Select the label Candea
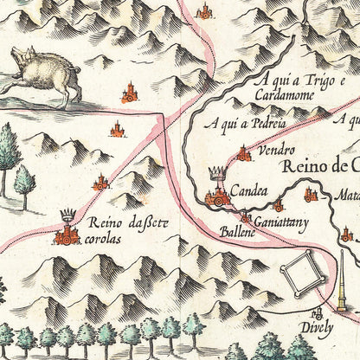(248, 192)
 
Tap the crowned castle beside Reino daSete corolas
(67, 228)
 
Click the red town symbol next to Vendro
(244, 154)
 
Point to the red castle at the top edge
(204, 10)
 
